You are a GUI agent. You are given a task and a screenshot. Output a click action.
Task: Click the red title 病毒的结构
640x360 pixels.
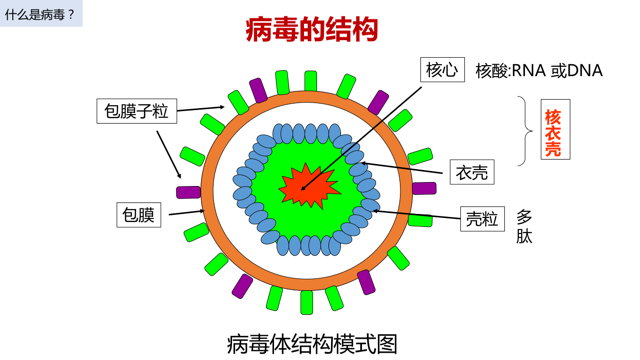point(311,29)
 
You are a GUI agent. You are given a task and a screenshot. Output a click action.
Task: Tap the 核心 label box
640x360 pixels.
point(441,69)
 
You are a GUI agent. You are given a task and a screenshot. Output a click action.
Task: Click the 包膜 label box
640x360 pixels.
point(139,214)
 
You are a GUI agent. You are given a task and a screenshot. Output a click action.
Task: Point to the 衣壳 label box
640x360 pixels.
point(472,172)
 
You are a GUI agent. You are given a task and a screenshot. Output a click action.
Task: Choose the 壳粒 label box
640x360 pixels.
point(482,218)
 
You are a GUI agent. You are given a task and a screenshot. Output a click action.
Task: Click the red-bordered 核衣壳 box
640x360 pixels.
point(552,133)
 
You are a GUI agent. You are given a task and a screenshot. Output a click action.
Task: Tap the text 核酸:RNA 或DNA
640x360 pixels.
point(539,70)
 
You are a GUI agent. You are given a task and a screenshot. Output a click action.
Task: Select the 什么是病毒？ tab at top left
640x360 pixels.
point(41,14)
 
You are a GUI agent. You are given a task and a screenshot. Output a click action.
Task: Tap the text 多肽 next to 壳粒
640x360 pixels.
point(524,227)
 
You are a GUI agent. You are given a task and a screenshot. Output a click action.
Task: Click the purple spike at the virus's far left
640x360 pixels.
point(188,192)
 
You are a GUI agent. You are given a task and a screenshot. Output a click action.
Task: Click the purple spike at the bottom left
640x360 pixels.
point(242,286)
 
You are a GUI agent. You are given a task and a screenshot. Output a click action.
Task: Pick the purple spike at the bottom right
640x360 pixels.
point(367,282)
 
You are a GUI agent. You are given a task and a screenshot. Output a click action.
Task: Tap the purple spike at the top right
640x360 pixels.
point(377,102)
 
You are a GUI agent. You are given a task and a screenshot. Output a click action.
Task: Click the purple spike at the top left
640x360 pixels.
point(258,91)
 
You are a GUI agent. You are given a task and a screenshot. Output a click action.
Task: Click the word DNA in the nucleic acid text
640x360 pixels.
point(584,70)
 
